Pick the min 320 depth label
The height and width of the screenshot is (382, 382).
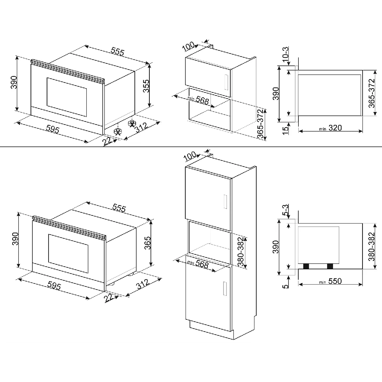click(x=331, y=128)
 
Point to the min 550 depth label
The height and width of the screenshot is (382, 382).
click(x=331, y=281)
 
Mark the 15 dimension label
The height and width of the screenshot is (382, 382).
click(x=285, y=130)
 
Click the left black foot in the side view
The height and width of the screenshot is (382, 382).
click(x=306, y=266)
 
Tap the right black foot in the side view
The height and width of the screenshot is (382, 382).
click(x=329, y=266)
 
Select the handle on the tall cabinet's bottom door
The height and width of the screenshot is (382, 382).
click(x=225, y=288)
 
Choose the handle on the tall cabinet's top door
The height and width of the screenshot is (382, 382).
click(x=225, y=201)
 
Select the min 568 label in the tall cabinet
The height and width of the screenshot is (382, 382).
click(x=199, y=264)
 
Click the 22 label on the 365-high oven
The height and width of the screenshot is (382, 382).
click(x=110, y=298)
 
